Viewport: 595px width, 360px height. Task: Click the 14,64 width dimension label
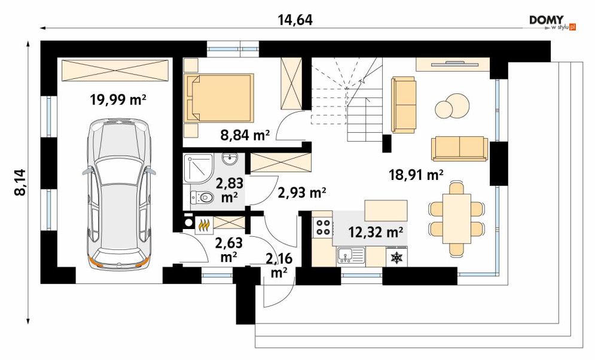[x=295, y=20]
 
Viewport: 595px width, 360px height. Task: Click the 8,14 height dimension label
[x=20, y=182]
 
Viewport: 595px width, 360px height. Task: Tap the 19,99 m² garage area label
[x=118, y=100]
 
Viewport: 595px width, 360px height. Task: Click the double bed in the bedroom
[x=219, y=98]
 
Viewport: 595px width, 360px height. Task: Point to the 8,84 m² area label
[x=245, y=135]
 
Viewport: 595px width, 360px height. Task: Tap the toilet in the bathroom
[x=202, y=197]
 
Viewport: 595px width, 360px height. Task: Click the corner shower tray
[x=198, y=169]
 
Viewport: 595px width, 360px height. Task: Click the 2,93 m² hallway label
[x=302, y=193]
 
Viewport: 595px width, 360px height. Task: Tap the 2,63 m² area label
[x=229, y=249]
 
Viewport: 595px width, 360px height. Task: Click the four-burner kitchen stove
[x=322, y=227]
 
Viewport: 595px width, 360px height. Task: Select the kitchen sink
[x=350, y=255]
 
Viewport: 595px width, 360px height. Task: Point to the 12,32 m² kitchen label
[x=376, y=231]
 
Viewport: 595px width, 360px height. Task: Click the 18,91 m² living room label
[x=416, y=175]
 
